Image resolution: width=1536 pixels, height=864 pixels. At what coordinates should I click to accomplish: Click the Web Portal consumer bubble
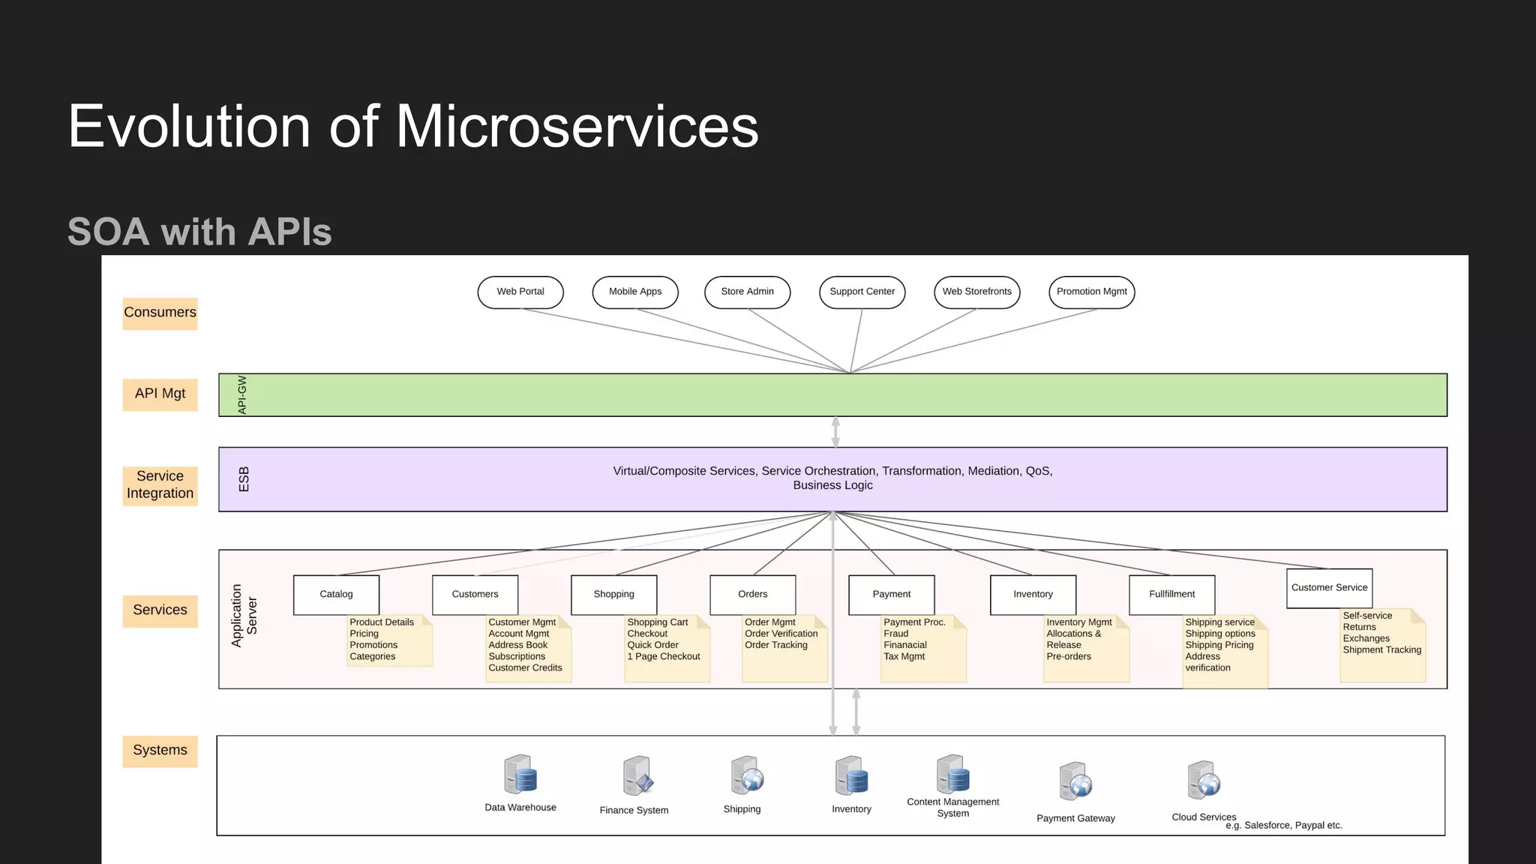tap(520, 292)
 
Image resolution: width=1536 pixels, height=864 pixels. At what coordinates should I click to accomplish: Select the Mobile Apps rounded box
tap(635, 292)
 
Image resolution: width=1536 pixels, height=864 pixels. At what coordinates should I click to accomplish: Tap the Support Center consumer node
tap(862, 292)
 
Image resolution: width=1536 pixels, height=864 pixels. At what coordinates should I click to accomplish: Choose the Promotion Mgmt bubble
tap(1091, 292)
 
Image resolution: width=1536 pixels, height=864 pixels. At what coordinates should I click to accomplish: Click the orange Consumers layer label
tap(160, 313)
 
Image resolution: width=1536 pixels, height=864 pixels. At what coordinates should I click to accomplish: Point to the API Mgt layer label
tap(160, 394)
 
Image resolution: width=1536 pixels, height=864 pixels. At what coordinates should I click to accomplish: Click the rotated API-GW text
tap(242, 394)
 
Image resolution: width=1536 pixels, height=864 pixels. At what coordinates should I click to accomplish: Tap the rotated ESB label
tap(244, 479)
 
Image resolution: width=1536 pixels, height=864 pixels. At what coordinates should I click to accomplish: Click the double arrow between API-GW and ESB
tap(835, 432)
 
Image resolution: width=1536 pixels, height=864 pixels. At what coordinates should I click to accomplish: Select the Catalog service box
tap(336, 594)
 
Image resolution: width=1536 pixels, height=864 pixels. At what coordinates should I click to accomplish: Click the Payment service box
tap(891, 594)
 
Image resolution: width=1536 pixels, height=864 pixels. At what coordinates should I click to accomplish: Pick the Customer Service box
tap(1329, 588)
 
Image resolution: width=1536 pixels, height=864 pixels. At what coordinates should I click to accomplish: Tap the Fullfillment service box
tap(1171, 594)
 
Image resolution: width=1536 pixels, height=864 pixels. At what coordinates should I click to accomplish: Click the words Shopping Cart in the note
tap(657, 622)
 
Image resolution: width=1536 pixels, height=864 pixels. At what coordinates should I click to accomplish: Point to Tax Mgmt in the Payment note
tap(904, 656)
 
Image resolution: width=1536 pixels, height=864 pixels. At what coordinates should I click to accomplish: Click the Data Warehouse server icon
tap(520, 775)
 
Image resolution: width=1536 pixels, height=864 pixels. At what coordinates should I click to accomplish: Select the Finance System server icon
tap(637, 776)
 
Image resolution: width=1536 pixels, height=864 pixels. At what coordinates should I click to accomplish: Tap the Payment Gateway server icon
tap(1075, 782)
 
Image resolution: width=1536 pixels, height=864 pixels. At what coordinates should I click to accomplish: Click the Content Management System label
tap(952, 808)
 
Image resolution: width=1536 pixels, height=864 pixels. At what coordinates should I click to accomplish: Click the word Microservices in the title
tap(576, 126)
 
